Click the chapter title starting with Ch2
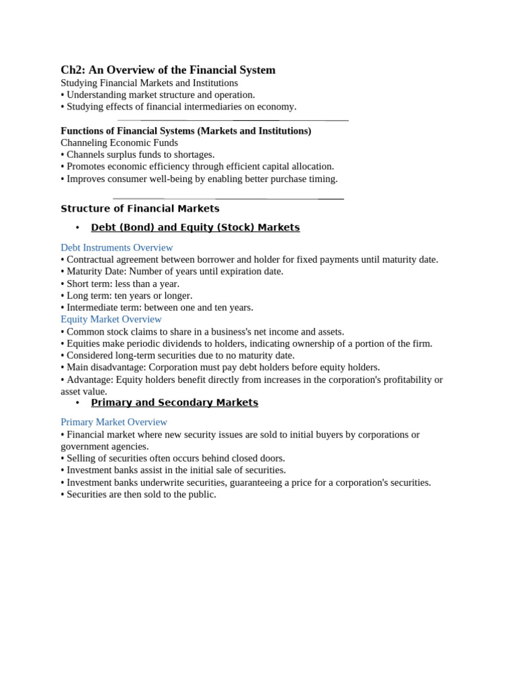(x=168, y=70)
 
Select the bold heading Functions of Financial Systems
(x=186, y=130)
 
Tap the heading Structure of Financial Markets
(x=140, y=208)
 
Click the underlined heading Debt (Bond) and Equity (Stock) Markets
(x=195, y=227)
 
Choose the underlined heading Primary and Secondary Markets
(x=174, y=402)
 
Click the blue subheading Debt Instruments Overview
(x=117, y=247)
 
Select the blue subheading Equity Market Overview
(x=111, y=319)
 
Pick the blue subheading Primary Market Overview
(x=114, y=422)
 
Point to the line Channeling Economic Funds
(x=119, y=142)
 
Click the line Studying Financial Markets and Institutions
(x=149, y=83)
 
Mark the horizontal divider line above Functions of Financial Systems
(x=232, y=120)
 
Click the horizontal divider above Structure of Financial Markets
(x=228, y=199)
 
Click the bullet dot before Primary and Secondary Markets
(x=77, y=402)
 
